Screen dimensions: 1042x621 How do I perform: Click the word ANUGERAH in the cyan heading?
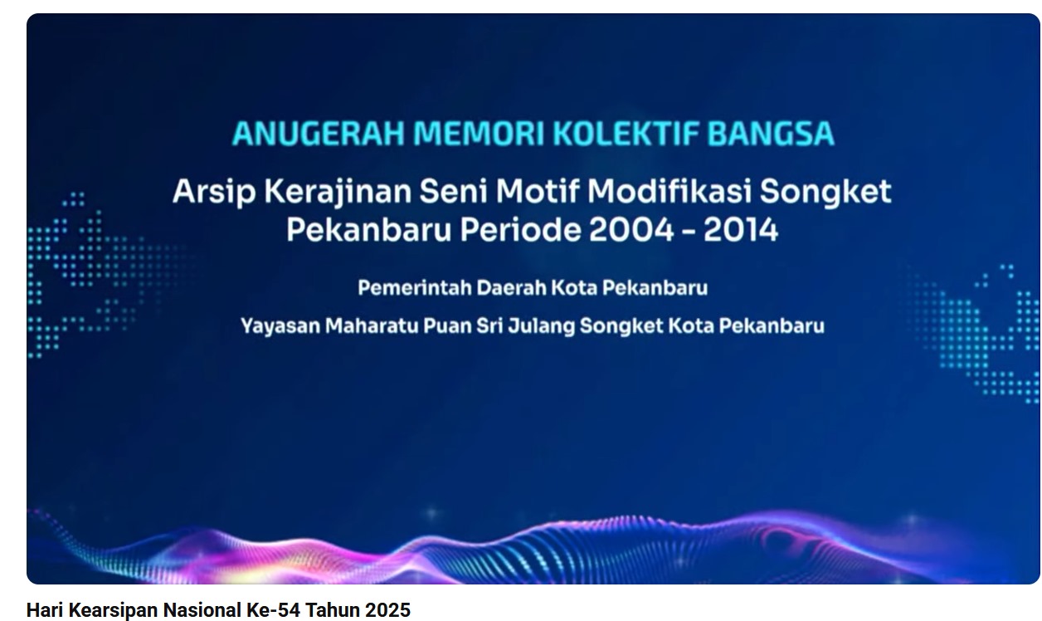(x=319, y=134)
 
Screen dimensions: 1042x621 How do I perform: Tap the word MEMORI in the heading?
(x=479, y=134)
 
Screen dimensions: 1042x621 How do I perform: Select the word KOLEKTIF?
(x=626, y=134)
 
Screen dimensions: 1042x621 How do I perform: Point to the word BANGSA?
(x=771, y=134)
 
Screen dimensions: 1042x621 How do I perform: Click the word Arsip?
(x=214, y=192)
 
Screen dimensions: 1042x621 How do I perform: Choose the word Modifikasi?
(x=670, y=191)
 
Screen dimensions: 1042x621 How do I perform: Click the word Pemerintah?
(x=415, y=288)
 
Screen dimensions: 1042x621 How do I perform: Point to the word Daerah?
(x=512, y=288)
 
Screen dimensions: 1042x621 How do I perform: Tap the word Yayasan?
(x=280, y=326)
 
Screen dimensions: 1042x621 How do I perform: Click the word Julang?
(x=542, y=326)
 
